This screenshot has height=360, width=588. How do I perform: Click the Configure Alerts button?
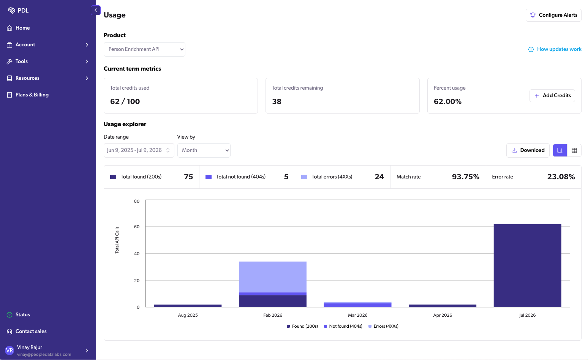(553, 15)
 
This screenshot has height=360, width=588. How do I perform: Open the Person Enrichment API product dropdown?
(144, 49)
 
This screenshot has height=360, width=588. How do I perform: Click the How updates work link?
(555, 49)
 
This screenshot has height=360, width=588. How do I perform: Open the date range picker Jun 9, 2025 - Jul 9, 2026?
(139, 150)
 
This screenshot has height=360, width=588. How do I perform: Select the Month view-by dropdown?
(204, 150)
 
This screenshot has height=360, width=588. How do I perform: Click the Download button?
(528, 150)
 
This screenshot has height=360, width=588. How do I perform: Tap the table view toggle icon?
(574, 150)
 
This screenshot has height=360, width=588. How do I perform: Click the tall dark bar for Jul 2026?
(527, 265)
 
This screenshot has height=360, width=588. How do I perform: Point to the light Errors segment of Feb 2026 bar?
(273, 277)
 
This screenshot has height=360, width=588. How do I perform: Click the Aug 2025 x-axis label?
(188, 315)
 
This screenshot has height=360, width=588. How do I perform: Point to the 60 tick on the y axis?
(137, 227)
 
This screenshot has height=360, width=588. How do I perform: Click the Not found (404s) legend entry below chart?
(343, 326)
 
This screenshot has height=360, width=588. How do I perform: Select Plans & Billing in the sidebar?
(32, 95)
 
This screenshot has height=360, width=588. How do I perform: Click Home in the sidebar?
(22, 28)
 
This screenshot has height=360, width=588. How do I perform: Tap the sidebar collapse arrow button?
(96, 10)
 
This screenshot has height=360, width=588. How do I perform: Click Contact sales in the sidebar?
(31, 332)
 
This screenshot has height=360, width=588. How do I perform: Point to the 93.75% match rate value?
(465, 177)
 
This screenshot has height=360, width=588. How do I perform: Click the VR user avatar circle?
(9, 350)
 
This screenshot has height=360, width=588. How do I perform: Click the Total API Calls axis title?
(117, 240)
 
